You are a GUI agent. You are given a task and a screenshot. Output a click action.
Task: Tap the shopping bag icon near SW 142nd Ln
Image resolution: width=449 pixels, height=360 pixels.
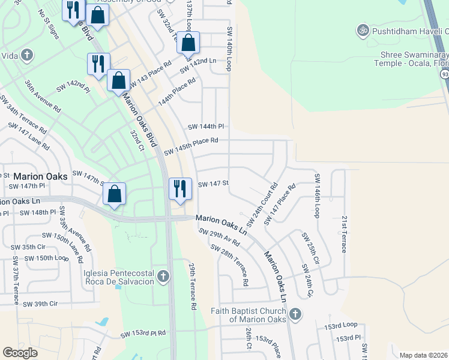[x=188, y=43]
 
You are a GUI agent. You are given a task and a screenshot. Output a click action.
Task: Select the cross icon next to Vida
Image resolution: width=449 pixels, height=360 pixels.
[x=26, y=55]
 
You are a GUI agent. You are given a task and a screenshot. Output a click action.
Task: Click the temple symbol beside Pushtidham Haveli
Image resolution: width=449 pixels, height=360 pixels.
[x=362, y=29]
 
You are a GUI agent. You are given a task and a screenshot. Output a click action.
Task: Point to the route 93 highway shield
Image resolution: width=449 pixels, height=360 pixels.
[x=444, y=73]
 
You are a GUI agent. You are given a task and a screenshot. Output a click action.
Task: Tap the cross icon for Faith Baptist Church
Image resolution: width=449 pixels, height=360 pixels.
[x=295, y=314]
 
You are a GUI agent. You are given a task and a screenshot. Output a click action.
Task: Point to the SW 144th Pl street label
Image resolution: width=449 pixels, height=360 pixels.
[x=205, y=127]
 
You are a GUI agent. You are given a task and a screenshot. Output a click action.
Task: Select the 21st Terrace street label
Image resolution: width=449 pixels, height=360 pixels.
[x=344, y=234]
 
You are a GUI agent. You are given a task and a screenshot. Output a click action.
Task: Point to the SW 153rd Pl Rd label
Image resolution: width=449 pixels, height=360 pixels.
[x=143, y=334]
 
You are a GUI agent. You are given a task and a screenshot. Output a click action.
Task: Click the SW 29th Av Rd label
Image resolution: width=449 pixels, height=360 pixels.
[x=220, y=238]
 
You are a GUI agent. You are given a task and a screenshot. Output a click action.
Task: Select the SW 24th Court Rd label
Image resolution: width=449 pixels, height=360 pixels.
[x=262, y=205]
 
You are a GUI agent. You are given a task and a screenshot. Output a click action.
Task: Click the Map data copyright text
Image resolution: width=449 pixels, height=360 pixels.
[x=423, y=355]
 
